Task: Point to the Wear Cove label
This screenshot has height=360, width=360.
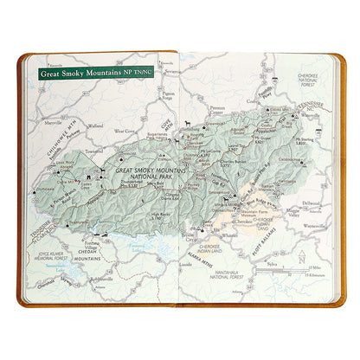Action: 126,131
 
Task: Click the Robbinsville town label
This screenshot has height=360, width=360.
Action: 101,280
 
